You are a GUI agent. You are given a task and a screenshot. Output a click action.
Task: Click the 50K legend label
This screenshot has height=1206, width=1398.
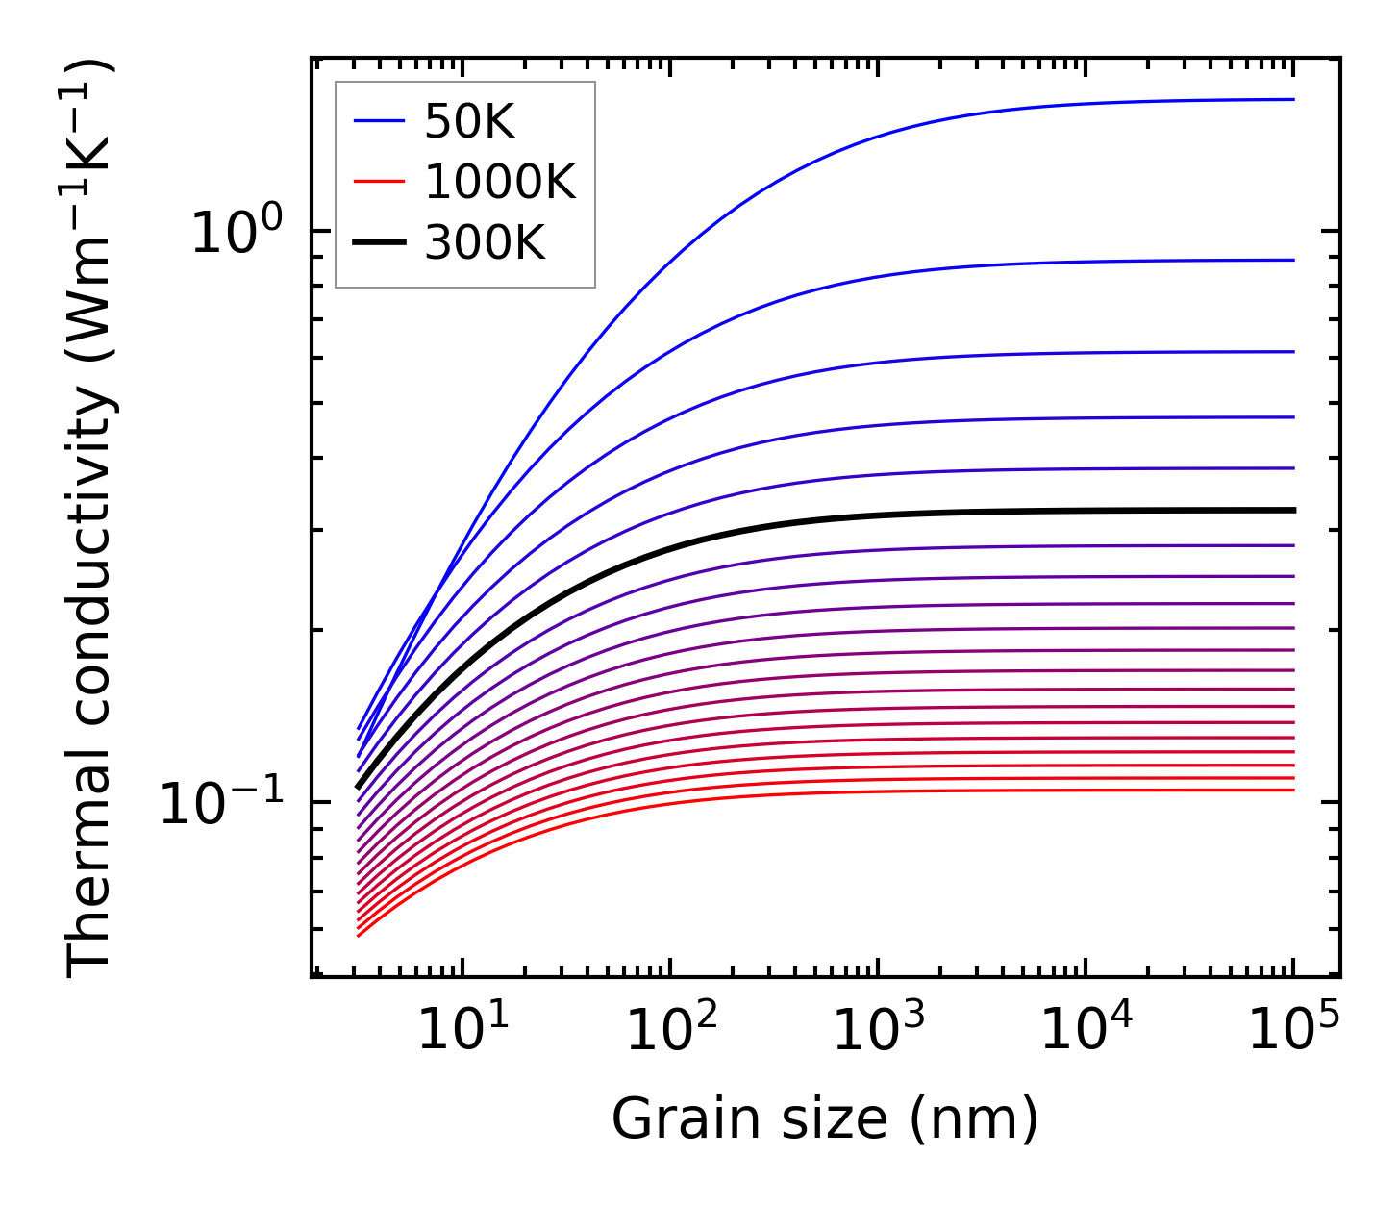click(469, 121)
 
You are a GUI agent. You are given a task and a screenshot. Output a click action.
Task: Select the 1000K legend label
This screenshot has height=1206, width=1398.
click(500, 182)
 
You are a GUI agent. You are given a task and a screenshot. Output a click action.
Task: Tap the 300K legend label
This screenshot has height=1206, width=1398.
click(485, 243)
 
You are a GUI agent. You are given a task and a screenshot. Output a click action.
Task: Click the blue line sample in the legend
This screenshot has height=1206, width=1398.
click(379, 121)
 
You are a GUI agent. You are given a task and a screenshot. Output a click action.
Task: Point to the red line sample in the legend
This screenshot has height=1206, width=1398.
click(379, 182)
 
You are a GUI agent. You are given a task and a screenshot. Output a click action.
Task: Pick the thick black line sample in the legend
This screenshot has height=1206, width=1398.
click(379, 243)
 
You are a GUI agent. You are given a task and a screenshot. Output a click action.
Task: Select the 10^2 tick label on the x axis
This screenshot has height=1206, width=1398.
click(671, 1030)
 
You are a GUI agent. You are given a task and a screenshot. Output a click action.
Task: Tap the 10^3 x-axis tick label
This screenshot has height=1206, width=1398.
click(879, 1030)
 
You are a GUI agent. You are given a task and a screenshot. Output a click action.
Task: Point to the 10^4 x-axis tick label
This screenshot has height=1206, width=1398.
click(1086, 1030)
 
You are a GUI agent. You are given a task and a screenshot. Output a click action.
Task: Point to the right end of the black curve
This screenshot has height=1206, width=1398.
click(1292, 510)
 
